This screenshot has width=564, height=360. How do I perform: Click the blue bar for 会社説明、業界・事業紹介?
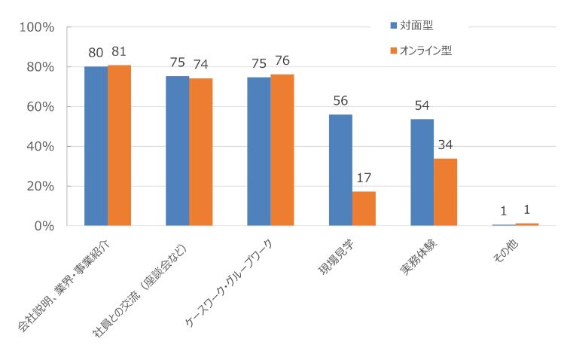pos(96,146)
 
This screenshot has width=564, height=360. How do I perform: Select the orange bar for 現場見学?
pos(364,209)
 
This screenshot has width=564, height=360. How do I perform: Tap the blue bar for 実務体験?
pos(422,172)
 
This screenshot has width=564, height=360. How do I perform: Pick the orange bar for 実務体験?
pos(445,192)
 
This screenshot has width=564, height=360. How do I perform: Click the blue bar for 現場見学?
pos(340,170)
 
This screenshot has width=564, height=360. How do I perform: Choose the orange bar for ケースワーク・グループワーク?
pos(282,150)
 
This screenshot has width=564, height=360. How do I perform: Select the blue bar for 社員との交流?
pos(177,151)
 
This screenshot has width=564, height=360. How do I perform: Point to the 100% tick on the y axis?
pos(37,27)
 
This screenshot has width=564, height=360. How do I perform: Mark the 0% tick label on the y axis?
pos(43,226)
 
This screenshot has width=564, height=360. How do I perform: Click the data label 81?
pos(120,53)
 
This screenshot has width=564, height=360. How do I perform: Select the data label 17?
pos(364,179)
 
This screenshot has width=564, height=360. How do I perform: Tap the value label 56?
pos(340,101)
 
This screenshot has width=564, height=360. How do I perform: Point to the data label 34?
pos(445,145)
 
